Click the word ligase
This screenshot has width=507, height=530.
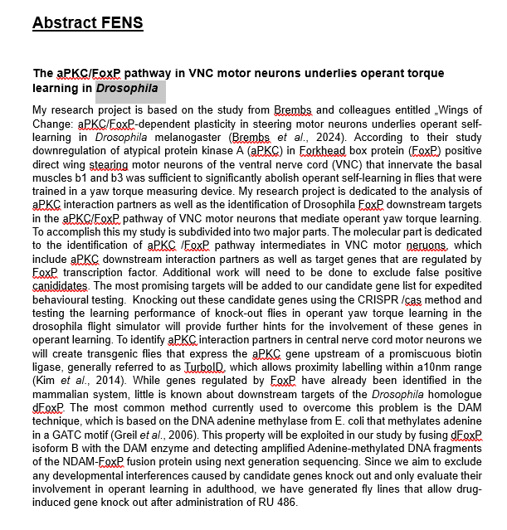pyautogui.click(x=50, y=366)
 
